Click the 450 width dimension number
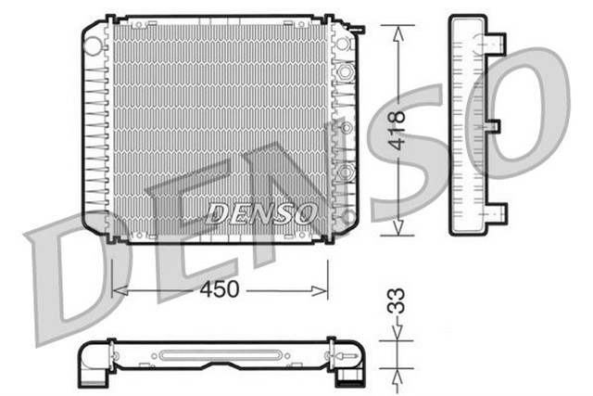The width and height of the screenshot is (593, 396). pos(220,289)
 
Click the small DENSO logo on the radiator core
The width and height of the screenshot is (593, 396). pos(260,213)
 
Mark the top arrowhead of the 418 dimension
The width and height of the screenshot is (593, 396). pos(397,30)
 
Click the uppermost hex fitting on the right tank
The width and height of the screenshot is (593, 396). pos(346,71)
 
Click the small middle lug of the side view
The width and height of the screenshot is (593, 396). pos(493,125)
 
